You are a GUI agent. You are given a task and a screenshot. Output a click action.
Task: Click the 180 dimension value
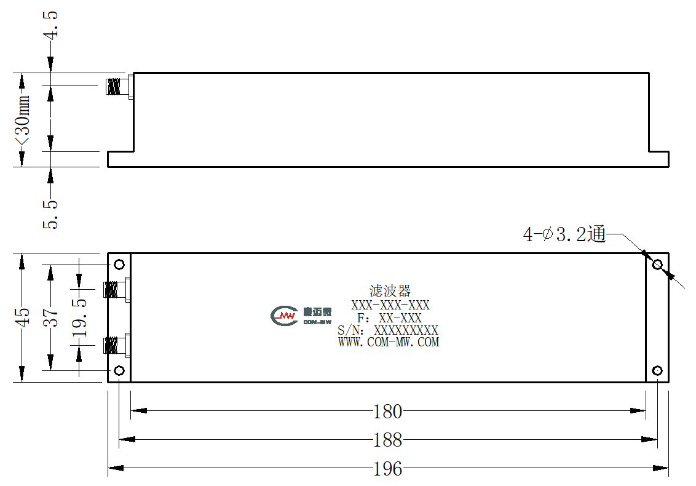[x=387, y=412]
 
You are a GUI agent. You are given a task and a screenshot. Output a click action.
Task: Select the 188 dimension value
[x=387, y=440]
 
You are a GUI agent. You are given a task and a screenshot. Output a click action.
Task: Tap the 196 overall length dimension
[x=387, y=469]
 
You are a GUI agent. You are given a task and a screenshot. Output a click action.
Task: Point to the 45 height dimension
[x=22, y=317]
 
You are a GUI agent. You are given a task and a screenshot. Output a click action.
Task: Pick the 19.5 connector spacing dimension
[x=79, y=318]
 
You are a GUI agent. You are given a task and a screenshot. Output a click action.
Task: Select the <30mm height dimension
[x=22, y=119]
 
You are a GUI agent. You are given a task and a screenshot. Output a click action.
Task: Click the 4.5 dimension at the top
[x=50, y=25]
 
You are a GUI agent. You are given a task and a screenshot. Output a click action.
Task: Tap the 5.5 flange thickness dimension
[x=50, y=215]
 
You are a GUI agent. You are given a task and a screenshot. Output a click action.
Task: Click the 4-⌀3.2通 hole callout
[x=564, y=234]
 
